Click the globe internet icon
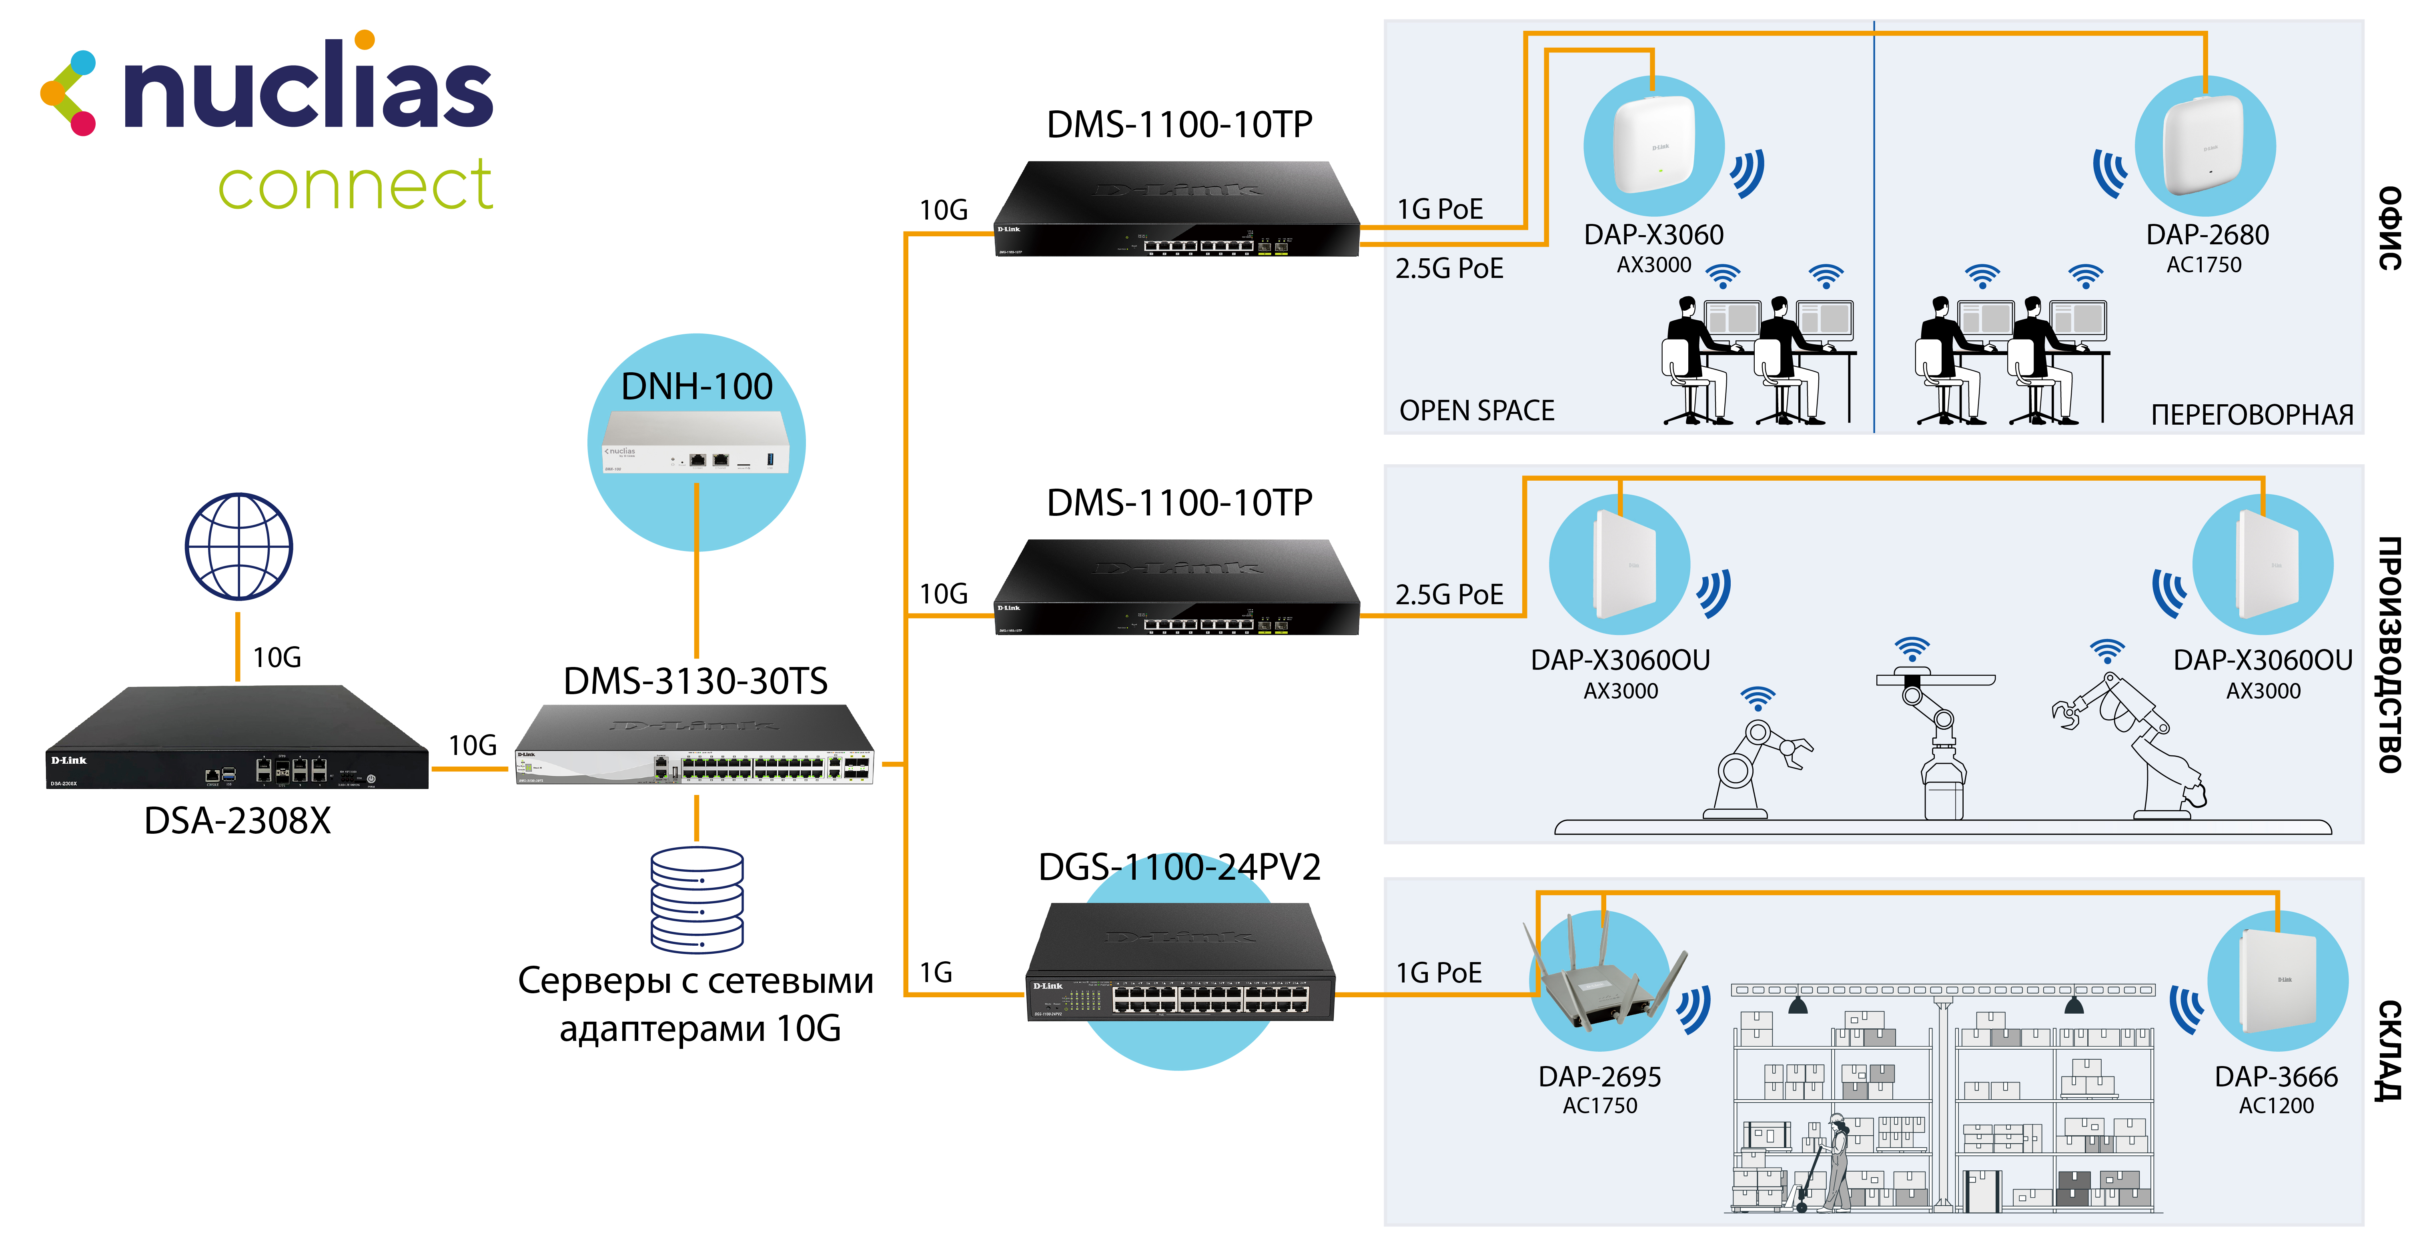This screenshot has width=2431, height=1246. [x=239, y=546]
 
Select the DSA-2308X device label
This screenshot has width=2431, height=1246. [x=238, y=821]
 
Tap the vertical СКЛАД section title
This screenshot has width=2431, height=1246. [x=2389, y=1050]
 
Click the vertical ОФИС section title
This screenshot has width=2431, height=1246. [x=2389, y=229]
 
